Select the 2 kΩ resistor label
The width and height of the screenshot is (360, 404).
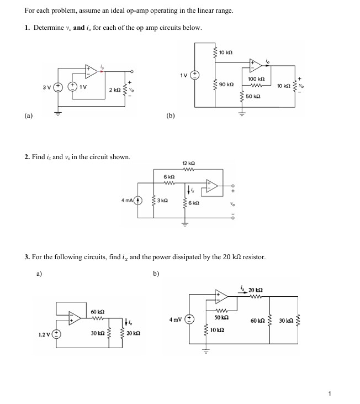click(x=114, y=89)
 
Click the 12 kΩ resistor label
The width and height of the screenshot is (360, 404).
click(x=188, y=163)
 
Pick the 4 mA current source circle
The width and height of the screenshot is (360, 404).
click(x=140, y=200)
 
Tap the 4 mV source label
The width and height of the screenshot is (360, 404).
click(x=176, y=319)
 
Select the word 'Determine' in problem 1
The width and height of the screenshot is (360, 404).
click(x=48, y=27)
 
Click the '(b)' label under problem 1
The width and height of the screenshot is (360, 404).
click(x=170, y=116)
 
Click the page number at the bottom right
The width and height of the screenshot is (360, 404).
click(x=330, y=393)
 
